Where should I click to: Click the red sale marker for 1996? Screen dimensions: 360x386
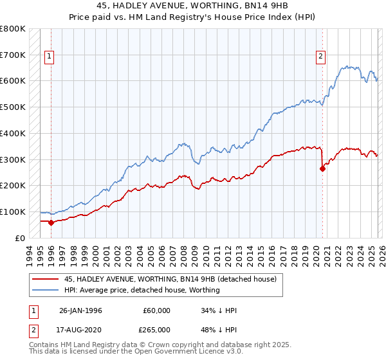(51, 222)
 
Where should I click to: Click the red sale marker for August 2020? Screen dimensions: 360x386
(322, 168)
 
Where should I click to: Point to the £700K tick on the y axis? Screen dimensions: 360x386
(13, 55)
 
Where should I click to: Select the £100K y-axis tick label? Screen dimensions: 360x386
(13, 212)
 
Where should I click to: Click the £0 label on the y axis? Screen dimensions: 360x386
(21, 238)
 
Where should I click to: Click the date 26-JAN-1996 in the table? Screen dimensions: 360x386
(80, 310)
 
